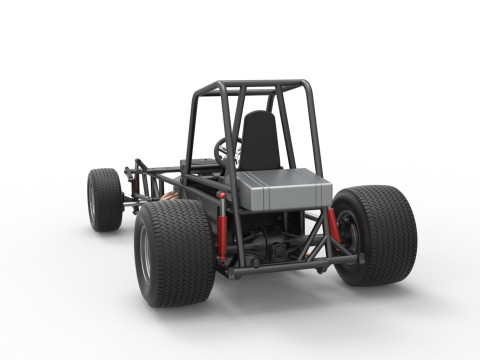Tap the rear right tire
coord(381,235)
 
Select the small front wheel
coord(105,199)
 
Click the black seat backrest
coord(261,140)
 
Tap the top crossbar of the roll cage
coord(250,86)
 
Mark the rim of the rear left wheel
coord(145,254)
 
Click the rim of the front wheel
coord(93,201)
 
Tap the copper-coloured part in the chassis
coord(172,197)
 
